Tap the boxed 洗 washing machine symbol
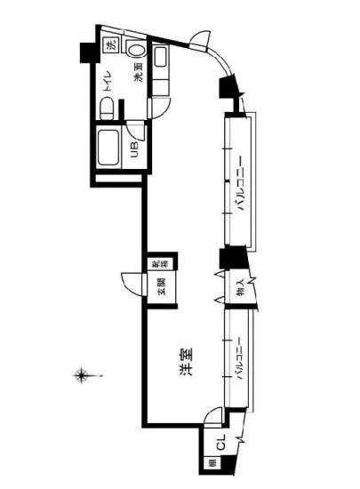tap(109, 46)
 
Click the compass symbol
tap(82, 375)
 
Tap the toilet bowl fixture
tap(107, 108)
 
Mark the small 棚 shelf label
tap(212, 462)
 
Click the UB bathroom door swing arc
tap(134, 129)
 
